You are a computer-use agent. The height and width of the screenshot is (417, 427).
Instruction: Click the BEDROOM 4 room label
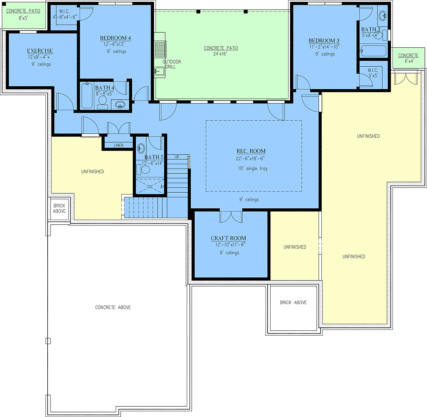tap(115, 38)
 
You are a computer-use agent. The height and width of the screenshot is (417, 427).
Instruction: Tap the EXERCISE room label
tap(40, 51)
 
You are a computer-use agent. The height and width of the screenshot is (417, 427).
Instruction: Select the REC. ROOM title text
tap(251, 151)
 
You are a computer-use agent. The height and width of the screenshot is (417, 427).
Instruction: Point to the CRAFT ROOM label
tap(228, 238)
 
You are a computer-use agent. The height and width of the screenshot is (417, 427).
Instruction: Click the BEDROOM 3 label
tap(324, 41)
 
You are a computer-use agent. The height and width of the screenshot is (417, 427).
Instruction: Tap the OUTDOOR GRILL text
tap(172, 64)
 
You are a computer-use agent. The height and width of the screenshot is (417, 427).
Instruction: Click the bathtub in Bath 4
tap(87, 95)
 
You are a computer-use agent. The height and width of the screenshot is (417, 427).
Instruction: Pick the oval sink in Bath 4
tap(120, 105)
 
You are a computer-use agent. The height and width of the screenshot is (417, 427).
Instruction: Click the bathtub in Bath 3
tap(373, 51)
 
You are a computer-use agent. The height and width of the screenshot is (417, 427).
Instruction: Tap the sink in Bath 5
tap(141, 148)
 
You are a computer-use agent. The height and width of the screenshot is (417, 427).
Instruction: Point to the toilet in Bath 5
tap(143, 170)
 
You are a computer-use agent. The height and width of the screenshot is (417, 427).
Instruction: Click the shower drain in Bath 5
tap(150, 187)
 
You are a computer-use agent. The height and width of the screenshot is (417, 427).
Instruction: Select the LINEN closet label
tap(118, 145)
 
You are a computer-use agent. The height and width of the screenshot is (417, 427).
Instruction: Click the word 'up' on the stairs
tap(177, 156)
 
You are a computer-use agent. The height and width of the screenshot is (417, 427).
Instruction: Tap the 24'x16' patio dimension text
tap(220, 54)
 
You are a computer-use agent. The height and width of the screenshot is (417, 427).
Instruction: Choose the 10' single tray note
tap(253, 169)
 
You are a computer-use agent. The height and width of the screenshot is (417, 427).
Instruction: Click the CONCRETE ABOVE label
tap(113, 308)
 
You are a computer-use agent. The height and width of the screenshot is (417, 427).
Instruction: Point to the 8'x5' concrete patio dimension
tap(23, 18)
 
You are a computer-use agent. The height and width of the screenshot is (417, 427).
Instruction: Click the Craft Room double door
tap(231, 217)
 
